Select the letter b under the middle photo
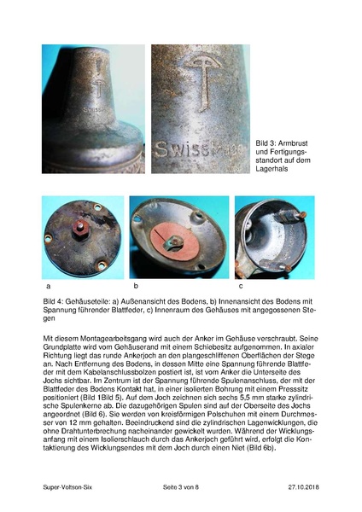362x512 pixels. pyautogui.click(x=135, y=285)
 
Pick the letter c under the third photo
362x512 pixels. pyautogui.click(x=241, y=286)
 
